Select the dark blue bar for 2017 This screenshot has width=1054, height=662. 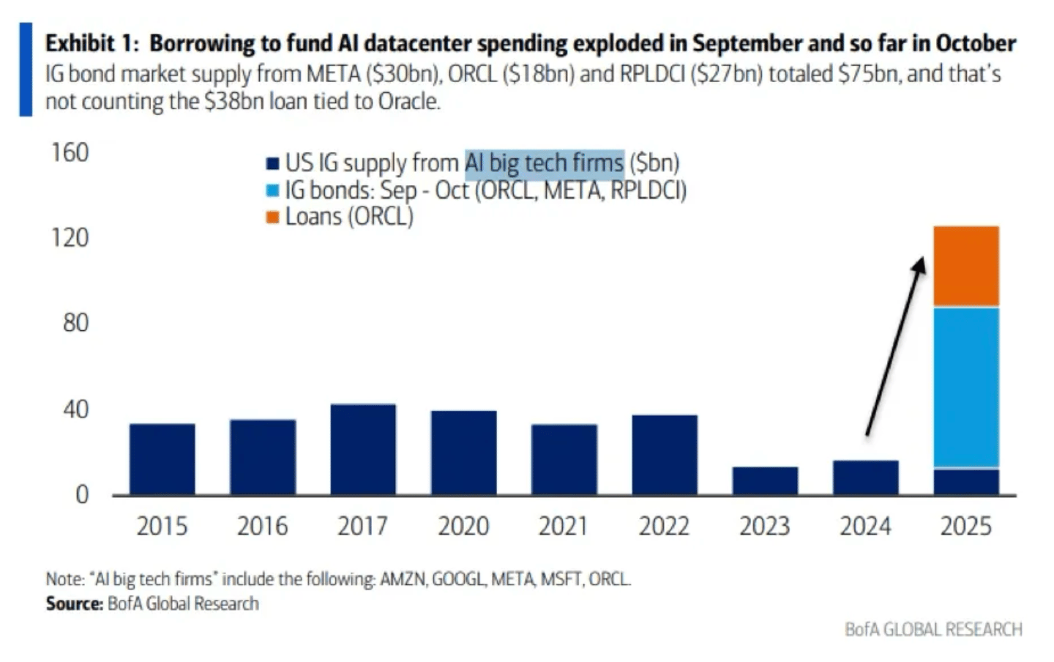363,450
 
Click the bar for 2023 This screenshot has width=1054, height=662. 765,480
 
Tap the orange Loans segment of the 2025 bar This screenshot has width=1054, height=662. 966,266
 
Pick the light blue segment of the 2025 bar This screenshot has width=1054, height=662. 966,387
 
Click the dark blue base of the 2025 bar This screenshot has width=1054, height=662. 966,482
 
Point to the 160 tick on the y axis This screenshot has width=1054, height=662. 70,152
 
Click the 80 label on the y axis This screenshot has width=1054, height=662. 76,323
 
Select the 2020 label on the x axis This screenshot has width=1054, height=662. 463,526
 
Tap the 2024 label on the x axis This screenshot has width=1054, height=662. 865,526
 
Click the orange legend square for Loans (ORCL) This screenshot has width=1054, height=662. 273,217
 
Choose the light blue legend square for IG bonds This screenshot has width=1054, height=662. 273,190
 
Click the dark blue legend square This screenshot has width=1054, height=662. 273,163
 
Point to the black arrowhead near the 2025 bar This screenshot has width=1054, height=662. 919,264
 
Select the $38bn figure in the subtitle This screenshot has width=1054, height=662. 234,101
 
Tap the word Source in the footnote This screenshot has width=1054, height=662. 75,603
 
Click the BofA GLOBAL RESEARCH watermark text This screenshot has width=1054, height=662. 933,630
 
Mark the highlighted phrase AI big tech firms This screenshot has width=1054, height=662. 545,163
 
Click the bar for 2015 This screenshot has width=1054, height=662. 162,460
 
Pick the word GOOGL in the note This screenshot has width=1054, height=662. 458,579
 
